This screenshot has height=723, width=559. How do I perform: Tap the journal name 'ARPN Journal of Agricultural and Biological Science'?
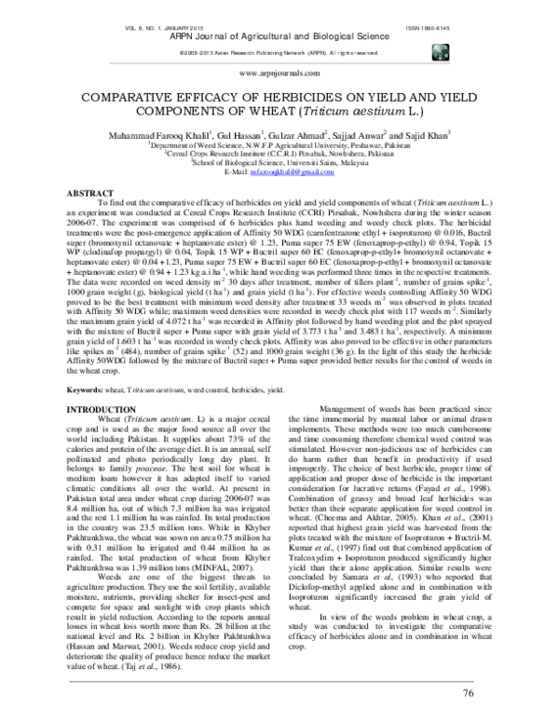(x=279, y=38)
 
